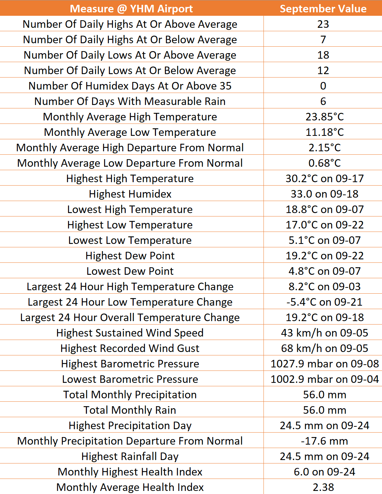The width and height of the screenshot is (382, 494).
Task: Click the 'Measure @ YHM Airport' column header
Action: (x=131, y=9)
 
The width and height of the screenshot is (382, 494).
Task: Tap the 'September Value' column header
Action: (x=323, y=9)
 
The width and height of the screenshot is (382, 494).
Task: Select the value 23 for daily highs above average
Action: (x=323, y=24)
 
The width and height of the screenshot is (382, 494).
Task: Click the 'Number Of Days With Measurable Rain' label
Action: (x=130, y=101)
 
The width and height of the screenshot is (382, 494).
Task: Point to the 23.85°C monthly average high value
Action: (x=324, y=117)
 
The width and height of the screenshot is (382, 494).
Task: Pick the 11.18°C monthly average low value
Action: (x=324, y=132)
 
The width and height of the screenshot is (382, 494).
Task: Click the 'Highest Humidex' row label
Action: (x=130, y=194)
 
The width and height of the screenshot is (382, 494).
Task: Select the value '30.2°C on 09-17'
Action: (x=324, y=178)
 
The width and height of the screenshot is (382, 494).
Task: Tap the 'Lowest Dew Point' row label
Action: (x=130, y=271)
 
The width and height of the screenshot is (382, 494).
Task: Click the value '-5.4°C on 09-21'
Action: (x=324, y=302)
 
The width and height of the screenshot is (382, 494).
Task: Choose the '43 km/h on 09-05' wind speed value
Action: (x=324, y=333)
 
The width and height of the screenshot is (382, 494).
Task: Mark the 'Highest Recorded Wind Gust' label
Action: (x=130, y=348)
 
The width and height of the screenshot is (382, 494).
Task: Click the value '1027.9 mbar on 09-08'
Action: (x=324, y=364)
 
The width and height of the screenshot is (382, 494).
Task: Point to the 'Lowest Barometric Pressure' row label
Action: (x=130, y=379)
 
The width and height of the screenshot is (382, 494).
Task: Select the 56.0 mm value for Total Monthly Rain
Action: (x=324, y=410)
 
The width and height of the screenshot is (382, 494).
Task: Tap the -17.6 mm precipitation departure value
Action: (x=324, y=441)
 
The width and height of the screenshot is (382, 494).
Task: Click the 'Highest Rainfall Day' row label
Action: (x=130, y=456)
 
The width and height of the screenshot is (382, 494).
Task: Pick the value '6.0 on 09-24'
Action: (x=324, y=472)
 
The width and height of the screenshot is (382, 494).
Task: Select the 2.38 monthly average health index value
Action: (x=323, y=487)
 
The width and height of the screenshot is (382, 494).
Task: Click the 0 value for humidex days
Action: (x=323, y=86)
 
